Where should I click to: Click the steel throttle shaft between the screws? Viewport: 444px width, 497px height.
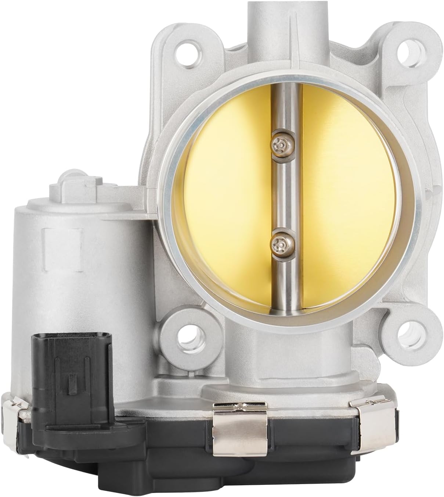(282, 191)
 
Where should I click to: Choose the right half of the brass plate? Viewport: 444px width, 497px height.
(345, 191)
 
